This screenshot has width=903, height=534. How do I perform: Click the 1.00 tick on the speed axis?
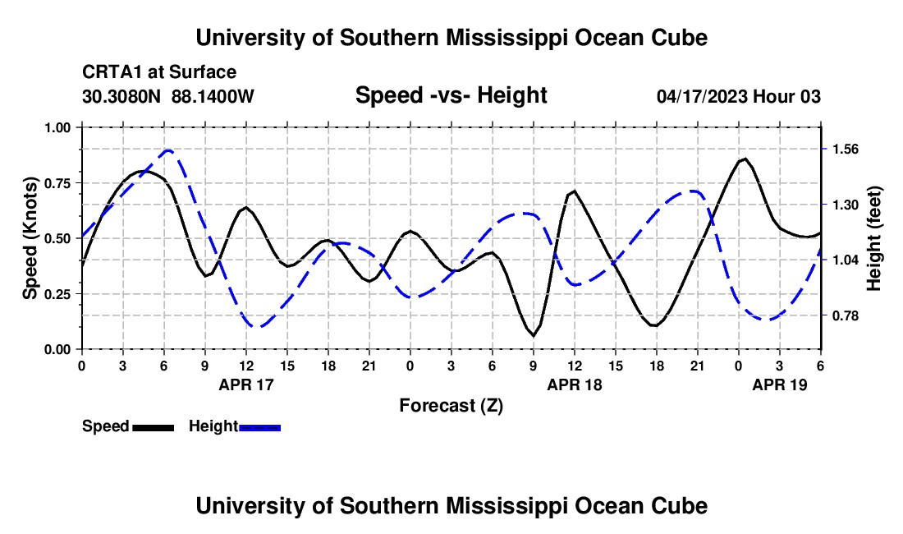click(57, 127)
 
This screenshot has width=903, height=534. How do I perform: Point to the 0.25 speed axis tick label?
click(57, 294)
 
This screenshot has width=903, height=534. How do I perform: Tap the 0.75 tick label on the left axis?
click(57, 183)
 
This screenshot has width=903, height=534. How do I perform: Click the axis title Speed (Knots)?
click(30, 238)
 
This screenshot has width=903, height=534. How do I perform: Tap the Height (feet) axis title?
click(873, 238)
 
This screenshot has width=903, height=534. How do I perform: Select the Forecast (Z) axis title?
click(451, 406)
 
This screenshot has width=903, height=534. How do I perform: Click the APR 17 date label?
click(246, 384)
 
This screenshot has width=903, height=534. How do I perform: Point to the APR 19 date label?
click(779, 384)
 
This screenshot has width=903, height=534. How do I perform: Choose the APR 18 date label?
click(574, 384)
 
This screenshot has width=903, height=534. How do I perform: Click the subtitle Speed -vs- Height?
click(451, 95)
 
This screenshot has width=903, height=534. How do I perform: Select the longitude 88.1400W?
click(213, 96)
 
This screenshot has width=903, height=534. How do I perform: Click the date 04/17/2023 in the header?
click(702, 96)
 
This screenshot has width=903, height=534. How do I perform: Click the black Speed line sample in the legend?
click(153, 427)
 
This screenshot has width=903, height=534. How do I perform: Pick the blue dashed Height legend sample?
click(259, 427)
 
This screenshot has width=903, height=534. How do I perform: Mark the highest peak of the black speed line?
click(745, 159)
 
